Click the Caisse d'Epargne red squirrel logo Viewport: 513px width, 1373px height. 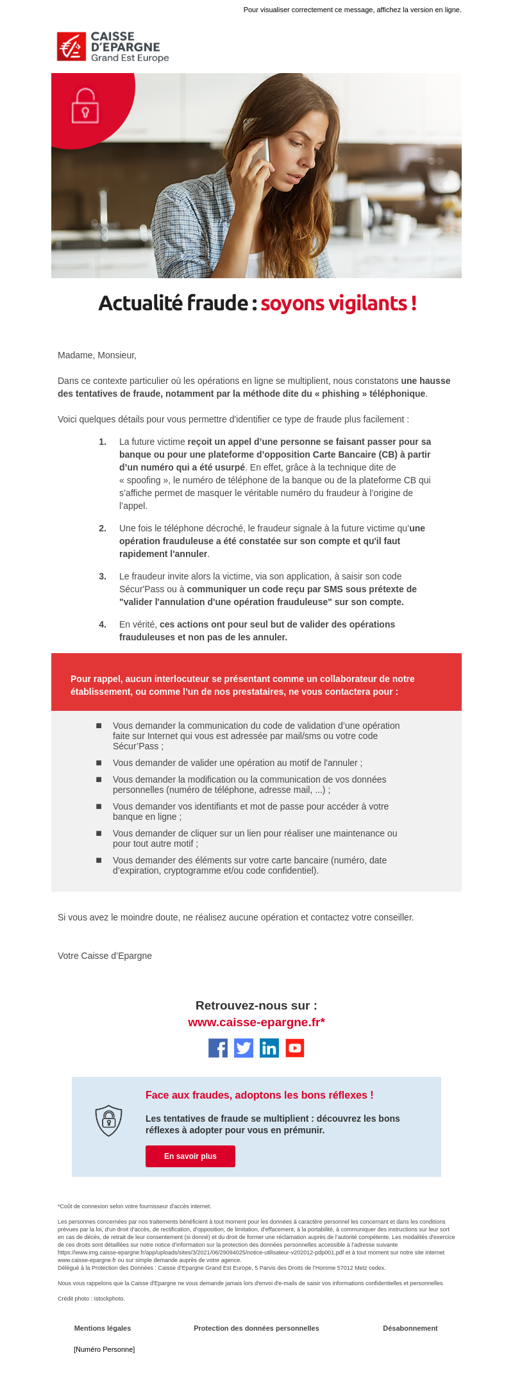click(71, 47)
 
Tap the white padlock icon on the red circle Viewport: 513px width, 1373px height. click(85, 106)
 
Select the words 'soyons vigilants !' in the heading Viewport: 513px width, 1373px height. click(339, 303)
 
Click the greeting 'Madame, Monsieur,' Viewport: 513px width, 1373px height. click(97, 355)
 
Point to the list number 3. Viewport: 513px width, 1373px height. click(103, 576)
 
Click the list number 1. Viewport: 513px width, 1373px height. click(103, 442)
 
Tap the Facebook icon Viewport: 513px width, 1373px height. click(218, 1048)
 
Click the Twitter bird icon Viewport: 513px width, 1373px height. click(244, 1048)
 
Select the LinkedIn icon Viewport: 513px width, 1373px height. click(269, 1048)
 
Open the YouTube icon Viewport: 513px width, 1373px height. click(295, 1048)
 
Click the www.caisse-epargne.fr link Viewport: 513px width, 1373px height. click(256, 1022)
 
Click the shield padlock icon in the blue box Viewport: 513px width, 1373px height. click(108, 1120)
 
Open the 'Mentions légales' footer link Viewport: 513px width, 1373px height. click(103, 1328)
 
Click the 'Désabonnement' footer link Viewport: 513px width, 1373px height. click(410, 1328)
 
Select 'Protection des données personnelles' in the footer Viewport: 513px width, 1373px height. click(256, 1328)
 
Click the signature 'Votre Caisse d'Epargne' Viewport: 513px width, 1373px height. click(105, 956)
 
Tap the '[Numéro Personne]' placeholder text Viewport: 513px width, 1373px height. click(105, 1349)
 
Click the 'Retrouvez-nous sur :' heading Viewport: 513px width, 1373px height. click(256, 1006)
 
